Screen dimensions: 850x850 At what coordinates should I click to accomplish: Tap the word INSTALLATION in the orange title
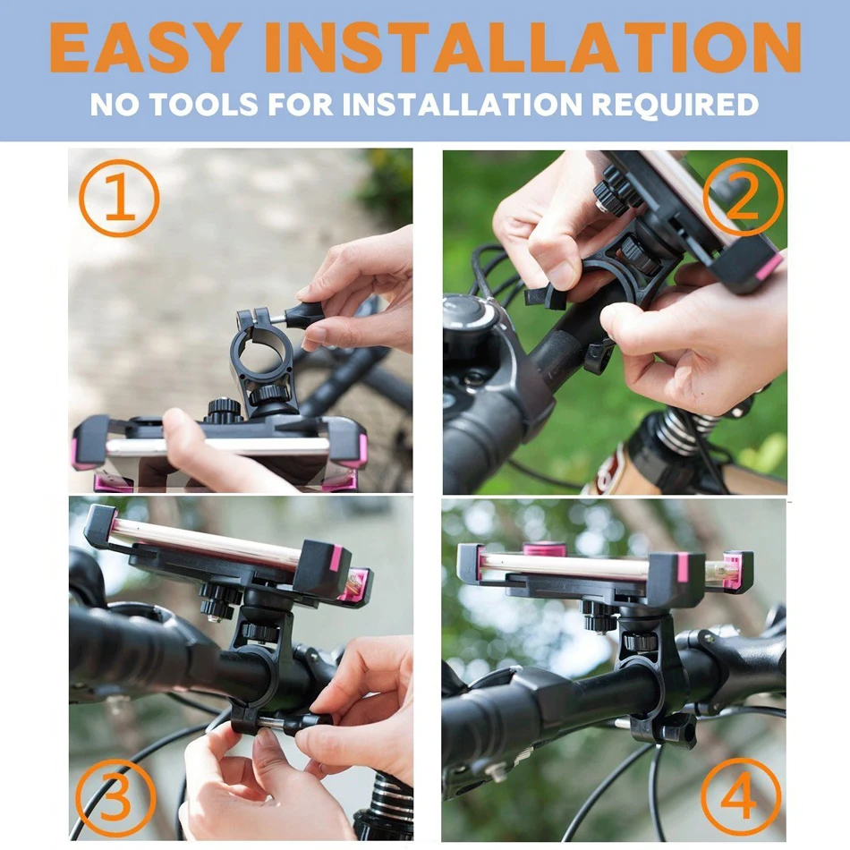click(533, 47)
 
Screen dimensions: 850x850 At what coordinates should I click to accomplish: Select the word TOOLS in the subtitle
click(203, 104)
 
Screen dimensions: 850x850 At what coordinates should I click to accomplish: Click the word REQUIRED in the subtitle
click(675, 104)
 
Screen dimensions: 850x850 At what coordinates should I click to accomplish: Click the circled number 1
click(119, 198)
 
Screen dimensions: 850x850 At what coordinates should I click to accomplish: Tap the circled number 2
click(744, 197)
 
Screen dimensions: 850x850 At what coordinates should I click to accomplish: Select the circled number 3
click(115, 799)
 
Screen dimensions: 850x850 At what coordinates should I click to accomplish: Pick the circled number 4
click(741, 798)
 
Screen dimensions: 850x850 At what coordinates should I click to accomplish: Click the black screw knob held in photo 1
click(302, 315)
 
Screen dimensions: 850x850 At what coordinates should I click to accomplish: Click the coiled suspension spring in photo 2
click(679, 429)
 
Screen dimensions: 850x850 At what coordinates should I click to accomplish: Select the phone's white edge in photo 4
click(564, 566)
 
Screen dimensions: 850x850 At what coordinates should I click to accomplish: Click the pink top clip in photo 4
click(544, 548)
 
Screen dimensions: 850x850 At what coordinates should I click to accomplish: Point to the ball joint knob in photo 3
click(260, 632)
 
